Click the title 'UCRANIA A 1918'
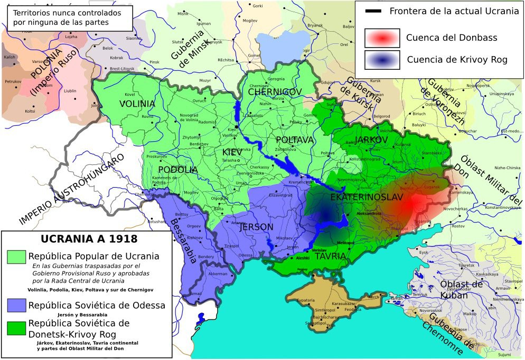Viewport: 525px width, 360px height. [89, 238]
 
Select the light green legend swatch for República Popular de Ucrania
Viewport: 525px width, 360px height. [16, 256]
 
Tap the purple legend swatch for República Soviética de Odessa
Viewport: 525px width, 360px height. [16, 305]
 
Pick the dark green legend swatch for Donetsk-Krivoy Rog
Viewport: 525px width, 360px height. [16, 328]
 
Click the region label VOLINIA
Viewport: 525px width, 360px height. [137, 104]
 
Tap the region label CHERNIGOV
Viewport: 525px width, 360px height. [274, 92]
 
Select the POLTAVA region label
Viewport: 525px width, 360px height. [295, 140]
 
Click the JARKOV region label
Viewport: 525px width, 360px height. [372, 140]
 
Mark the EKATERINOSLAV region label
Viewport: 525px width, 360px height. [366, 197]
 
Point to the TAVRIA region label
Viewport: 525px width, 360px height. [330, 256]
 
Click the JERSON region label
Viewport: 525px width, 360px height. [257, 227]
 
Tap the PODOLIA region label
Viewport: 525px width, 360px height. [177, 170]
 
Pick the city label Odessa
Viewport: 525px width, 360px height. [245, 255]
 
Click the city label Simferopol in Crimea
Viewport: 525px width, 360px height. [325, 309]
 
